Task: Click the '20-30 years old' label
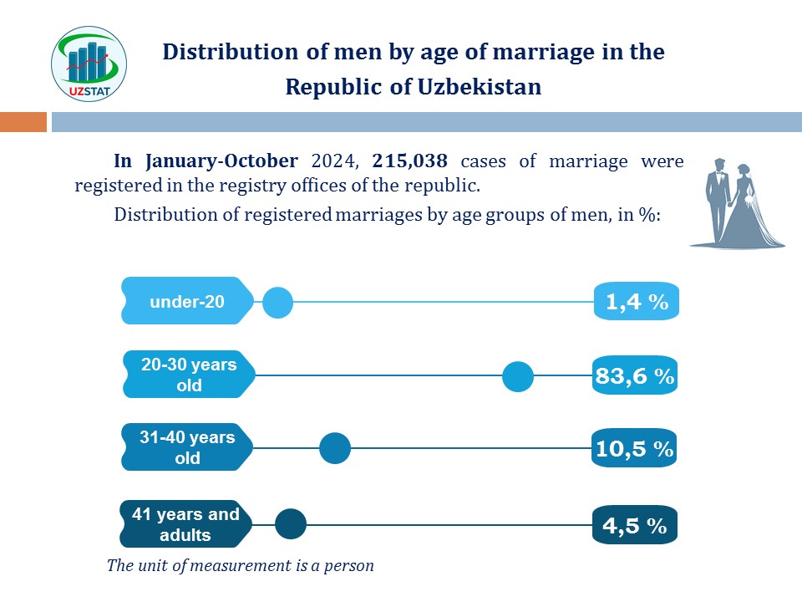coord(189,375)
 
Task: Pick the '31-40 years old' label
coord(187,447)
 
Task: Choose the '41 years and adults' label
coord(185,524)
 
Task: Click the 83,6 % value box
coord(635,376)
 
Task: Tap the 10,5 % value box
coord(634,449)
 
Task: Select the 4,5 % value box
coord(634,526)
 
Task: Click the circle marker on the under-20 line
coord(277,303)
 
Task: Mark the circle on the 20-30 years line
coord(518,377)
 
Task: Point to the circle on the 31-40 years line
coord(335,449)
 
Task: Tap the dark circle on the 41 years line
coord(291,524)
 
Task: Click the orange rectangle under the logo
coord(23,123)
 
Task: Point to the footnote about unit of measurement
coord(241,565)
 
